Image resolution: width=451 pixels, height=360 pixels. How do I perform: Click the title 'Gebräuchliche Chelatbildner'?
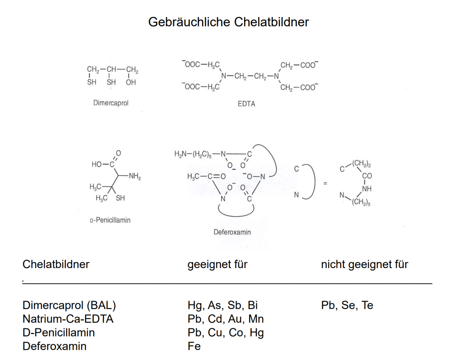[229, 22]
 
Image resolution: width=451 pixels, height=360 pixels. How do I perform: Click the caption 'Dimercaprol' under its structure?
[111, 103]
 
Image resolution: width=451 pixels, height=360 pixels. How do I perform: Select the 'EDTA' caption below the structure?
[246, 104]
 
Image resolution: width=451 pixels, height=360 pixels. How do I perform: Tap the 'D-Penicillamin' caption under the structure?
[110, 220]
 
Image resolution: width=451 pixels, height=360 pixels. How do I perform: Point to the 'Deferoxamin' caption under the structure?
[232, 232]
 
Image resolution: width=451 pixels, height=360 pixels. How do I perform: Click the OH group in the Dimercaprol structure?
[131, 82]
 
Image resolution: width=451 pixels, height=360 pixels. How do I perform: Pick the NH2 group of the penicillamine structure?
[135, 176]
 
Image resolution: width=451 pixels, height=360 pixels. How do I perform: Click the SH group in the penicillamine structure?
[120, 198]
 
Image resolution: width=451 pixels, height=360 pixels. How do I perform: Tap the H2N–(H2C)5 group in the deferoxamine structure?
[193, 154]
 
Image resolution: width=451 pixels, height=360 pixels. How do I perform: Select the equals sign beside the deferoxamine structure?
[325, 184]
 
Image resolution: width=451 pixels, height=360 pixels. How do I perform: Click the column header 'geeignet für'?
[217, 264]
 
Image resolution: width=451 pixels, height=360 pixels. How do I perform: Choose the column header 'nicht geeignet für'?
[364, 264]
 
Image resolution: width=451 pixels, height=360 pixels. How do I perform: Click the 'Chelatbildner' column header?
[56, 264]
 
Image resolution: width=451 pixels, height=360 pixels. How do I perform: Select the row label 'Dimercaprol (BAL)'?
[69, 305]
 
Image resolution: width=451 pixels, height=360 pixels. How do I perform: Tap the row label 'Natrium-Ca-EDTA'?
[68, 319]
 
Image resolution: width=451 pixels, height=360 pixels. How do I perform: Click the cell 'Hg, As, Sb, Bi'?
[222, 305]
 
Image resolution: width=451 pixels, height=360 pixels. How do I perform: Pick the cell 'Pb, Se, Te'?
[347, 305]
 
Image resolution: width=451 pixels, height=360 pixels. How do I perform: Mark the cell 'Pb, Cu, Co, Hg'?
[225, 333]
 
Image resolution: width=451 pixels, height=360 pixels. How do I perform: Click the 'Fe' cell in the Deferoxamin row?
[194, 346]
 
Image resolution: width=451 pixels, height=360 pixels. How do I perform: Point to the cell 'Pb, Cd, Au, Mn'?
[225, 319]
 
